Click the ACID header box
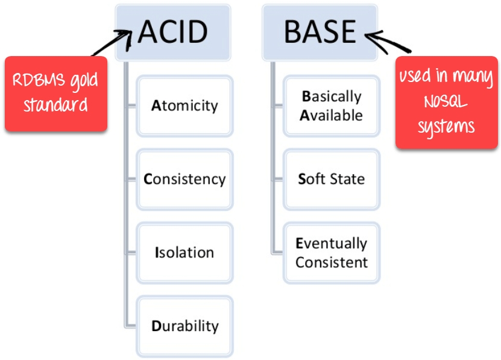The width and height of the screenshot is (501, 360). pos(172,33)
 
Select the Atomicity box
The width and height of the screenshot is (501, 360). pos(184,106)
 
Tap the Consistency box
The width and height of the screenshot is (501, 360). pos(184,179)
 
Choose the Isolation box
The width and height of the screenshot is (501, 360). pos(184,252)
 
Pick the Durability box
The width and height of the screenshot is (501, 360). pos(184,326)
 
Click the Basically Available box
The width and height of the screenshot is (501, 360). pos(332,106)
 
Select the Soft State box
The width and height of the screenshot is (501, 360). pos(332,179)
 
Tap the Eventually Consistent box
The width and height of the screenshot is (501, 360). pos(332,253)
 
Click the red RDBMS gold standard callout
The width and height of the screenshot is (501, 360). pos(56,93)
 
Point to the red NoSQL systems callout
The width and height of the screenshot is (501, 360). pos(447,102)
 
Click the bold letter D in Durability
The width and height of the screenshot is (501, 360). pos(156,326)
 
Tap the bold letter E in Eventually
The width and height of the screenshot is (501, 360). pos(299,244)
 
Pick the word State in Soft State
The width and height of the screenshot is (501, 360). pos(348,179)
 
